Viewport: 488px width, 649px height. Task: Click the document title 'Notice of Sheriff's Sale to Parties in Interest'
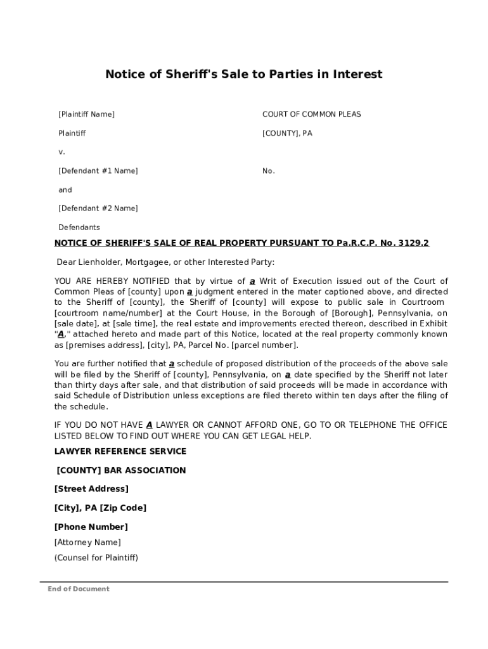coord(243,75)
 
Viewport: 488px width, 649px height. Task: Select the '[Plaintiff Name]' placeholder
coord(86,115)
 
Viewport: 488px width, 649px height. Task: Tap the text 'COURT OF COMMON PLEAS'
coord(311,115)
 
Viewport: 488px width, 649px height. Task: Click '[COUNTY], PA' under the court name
coord(287,134)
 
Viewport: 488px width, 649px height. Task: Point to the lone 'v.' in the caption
coord(61,152)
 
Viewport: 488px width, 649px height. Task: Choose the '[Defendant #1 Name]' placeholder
coord(98,171)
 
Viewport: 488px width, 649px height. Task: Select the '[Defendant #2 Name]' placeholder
coord(98,209)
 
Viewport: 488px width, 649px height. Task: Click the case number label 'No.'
coord(268,171)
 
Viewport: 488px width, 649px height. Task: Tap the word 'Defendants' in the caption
coord(79,228)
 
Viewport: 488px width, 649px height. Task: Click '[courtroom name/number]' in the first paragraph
coord(95,314)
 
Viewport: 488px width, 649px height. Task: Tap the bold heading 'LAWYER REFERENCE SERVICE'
coord(120,452)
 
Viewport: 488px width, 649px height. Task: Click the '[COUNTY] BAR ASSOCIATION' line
coord(121,471)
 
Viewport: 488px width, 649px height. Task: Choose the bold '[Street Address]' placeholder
coord(91,489)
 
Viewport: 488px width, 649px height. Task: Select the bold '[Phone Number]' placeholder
coord(91,527)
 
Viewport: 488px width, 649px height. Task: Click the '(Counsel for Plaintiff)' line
coord(96,558)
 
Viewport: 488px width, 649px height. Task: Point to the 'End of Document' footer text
coord(79,589)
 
